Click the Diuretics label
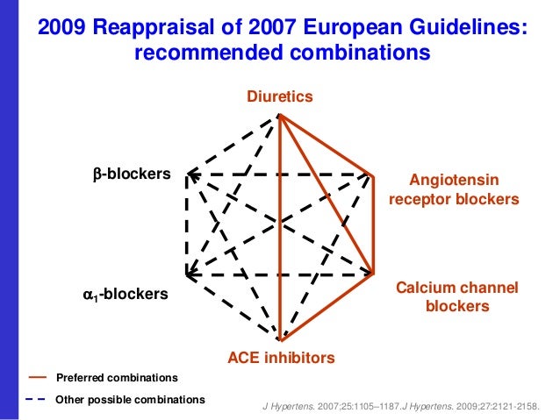click(280, 96)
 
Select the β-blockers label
click(132, 174)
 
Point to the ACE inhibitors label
click(281, 358)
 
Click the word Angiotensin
click(455, 180)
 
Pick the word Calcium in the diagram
click(426, 288)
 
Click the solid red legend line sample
click(37, 378)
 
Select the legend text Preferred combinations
click(117, 378)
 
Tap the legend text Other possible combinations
click(130, 400)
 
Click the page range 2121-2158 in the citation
click(511, 407)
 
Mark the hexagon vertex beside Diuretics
click(279, 115)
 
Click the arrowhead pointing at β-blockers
click(190, 174)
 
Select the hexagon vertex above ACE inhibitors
click(280, 339)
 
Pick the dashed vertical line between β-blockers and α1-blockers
click(186, 224)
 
